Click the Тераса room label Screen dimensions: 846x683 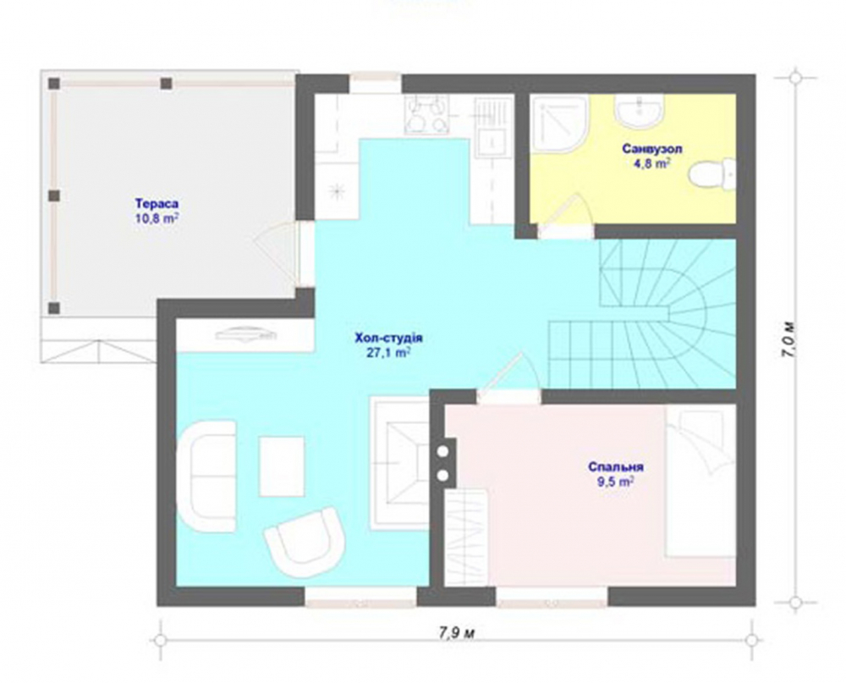[x=157, y=204]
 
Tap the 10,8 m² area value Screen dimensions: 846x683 [x=157, y=218]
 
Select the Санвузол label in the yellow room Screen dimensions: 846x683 [x=651, y=148]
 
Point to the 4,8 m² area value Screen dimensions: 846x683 [x=651, y=163]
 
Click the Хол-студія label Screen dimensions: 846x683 [x=388, y=339]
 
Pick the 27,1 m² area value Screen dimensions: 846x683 [x=388, y=353]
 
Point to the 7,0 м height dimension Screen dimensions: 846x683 [x=788, y=340]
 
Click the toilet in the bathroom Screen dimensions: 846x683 [x=712, y=174]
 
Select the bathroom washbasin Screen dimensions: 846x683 [x=638, y=110]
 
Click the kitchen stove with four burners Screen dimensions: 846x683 [x=426, y=115]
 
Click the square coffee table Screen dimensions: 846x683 [x=282, y=466]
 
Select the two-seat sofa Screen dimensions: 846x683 [x=207, y=476]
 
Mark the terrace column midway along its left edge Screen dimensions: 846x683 [x=54, y=196]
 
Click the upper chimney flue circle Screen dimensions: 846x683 [x=443, y=451]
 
